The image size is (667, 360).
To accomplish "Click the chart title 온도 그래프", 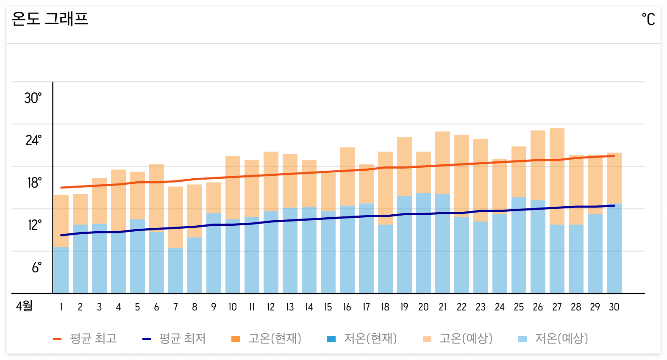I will pyautogui.click(x=50, y=19).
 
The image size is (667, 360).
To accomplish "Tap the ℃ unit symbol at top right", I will pyautogui.click(x=648, y=19).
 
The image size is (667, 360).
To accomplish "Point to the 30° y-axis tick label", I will pyautogui.click(x=33, y=98).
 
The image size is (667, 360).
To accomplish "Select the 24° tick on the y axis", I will pyautogui.click(x=33, y=141).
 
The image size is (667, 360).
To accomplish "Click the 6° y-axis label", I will pyautogui.click(x=36, y=268).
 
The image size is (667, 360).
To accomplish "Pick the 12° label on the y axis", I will pyautogui.click(x=34, y=225).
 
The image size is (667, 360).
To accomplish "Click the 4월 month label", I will pyautogui.click(x=24, y=306).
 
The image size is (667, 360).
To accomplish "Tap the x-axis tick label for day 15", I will pyautogui.click(x=328, y=307).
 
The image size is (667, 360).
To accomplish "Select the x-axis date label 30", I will pyautogui.click(x=614, y=307).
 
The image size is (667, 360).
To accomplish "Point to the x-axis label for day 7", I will pyautogui.click(x=175, y=307).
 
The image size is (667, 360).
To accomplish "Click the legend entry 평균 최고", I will pyautogui.click(x=85, y=338).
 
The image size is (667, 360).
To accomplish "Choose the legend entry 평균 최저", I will pyautogui.click(x=174, y=338).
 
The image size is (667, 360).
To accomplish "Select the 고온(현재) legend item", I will pyautogui.click(x=267, y=338).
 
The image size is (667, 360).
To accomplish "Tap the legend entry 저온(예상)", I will pyautogui.click(x=553, y=338).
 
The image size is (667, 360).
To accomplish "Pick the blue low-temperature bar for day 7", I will pyautogui.click(x=175, y=271).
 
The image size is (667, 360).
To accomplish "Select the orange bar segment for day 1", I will pyautogui.click(x=61, y=220).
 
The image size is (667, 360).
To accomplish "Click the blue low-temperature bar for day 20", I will pyautogui.click(x=423, y=244).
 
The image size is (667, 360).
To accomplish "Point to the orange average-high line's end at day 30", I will pyautogui.click(x=614, y=156).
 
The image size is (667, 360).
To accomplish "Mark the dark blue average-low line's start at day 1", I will pyautogui.click(x=61, y=235).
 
